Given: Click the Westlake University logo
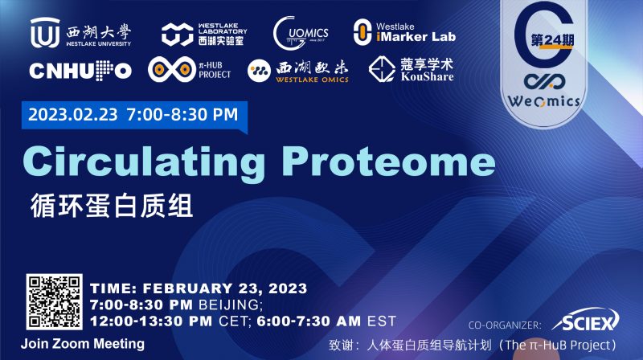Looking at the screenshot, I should point(80,34).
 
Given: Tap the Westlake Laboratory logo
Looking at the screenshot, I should point(203,33).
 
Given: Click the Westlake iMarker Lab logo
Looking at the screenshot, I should point(404,32).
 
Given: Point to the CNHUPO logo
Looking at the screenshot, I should point(80,71).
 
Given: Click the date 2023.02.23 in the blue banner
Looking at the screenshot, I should point(72,114).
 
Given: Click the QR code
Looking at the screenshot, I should point(54,303).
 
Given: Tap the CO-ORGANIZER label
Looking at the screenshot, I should point(505,325).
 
